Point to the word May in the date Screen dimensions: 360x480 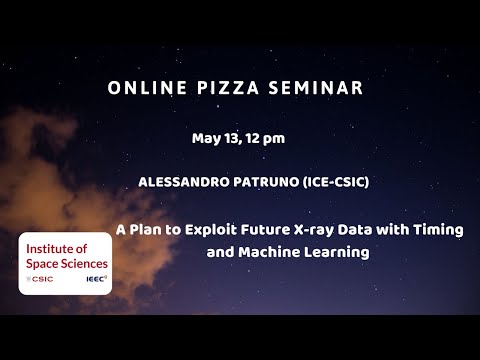coord(204,137)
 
